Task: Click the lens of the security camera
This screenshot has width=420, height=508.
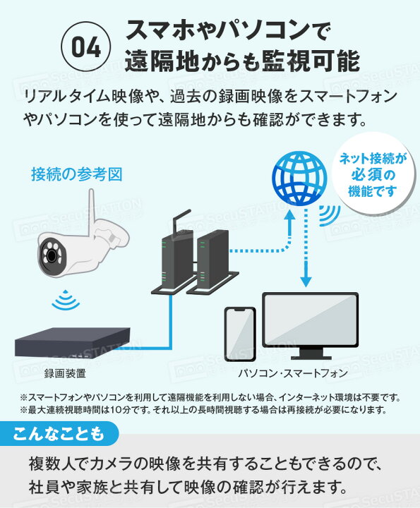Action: tap(52, 255)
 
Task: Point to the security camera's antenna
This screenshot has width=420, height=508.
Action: tap(91, 211)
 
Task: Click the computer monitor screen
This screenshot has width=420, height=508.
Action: tap(310, 320)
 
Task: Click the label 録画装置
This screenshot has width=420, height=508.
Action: tap(65, 374)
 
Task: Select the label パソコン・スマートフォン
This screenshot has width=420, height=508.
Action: tap(293, 373)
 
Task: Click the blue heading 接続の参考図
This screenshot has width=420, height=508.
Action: tap(77, 174)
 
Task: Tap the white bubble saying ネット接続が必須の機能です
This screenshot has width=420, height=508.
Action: tap(373, 174)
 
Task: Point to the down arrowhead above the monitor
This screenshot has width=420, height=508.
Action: tap(306, 282)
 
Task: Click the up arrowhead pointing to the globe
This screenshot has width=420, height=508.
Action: tap(289, 214)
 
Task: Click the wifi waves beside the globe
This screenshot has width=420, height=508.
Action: tap(330, 215)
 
